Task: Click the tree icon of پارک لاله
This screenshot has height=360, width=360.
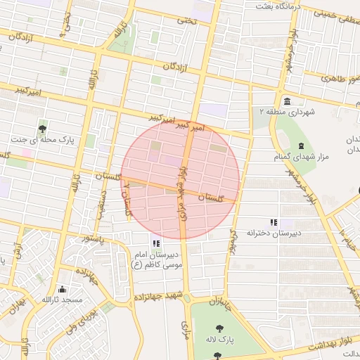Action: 220,328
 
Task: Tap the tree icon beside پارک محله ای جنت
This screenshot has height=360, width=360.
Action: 43,128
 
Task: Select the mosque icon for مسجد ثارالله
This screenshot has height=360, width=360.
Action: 62,289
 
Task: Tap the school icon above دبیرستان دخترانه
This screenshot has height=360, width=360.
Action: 274,222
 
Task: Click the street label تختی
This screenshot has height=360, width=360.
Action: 186,20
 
